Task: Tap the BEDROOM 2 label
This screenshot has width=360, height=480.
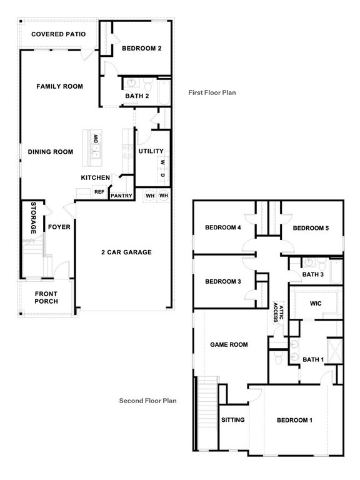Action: click(142, 49)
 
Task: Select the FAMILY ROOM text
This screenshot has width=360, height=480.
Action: click(59, 86)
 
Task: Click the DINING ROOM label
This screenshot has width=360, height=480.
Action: click(51, 152)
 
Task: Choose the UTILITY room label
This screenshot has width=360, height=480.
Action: click(151, 151)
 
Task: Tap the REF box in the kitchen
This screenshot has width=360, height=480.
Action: click(99, 192)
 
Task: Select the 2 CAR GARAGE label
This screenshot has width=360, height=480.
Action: click(127, 252)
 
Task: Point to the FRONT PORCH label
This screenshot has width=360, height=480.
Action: click(46, 297)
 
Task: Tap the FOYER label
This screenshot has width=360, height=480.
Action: click(59, 227)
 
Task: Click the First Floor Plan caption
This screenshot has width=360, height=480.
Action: click(212, 92)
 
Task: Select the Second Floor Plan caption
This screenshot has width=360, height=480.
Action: click(147, 401)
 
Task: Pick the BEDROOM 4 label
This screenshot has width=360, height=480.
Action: click(223, 227)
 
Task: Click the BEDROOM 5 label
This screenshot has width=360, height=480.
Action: click(311, 228)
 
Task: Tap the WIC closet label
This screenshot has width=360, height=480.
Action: click(316, 304)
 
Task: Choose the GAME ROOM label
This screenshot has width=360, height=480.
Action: click(229, 344)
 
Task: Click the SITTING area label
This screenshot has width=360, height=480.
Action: click(232, 420)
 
